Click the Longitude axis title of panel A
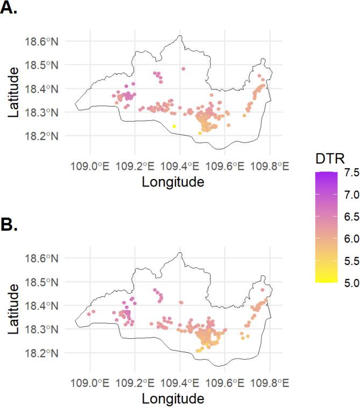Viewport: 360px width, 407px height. (x=173, y=182)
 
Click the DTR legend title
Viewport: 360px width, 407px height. (x=330, y=156)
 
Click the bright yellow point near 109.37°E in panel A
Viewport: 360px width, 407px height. (x=174, y=126)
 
